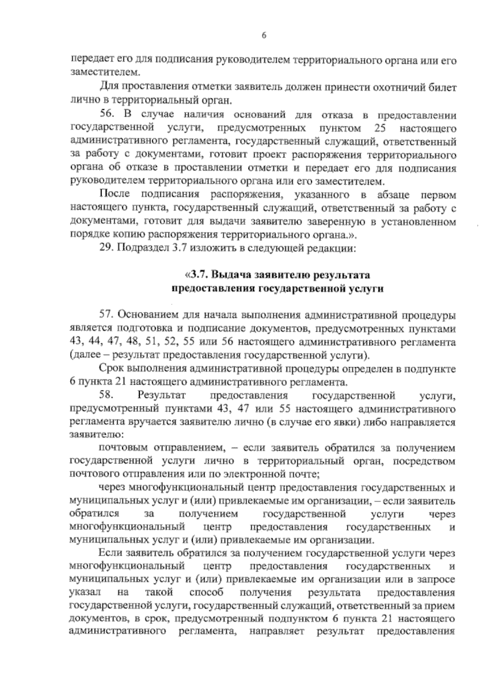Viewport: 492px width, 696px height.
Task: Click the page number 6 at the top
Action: tap(264, 36)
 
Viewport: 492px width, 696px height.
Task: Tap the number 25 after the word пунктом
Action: tap(380, 128)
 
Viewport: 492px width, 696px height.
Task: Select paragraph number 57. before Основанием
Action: tap(107, 315)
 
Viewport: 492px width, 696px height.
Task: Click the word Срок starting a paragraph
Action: tap(109, 369)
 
